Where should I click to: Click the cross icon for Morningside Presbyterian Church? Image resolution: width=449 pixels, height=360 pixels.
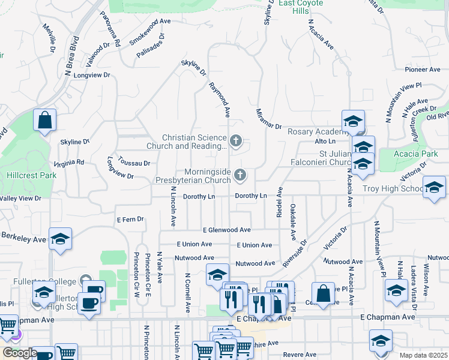240,175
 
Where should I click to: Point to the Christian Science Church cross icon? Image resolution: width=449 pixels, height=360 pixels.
236,142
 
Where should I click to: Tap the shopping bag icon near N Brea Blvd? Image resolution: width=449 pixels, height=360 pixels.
45,120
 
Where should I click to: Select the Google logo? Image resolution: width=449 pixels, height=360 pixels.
19,353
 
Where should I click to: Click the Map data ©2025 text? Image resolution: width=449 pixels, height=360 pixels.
424,355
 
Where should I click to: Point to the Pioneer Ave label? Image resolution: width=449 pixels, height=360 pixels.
423,70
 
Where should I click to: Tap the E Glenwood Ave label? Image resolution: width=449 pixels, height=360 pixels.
226,230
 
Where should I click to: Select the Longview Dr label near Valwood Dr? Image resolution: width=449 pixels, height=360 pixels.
92,75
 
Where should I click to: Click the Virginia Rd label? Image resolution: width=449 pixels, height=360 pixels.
69,163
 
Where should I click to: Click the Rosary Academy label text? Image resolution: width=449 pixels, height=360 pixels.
314,131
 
